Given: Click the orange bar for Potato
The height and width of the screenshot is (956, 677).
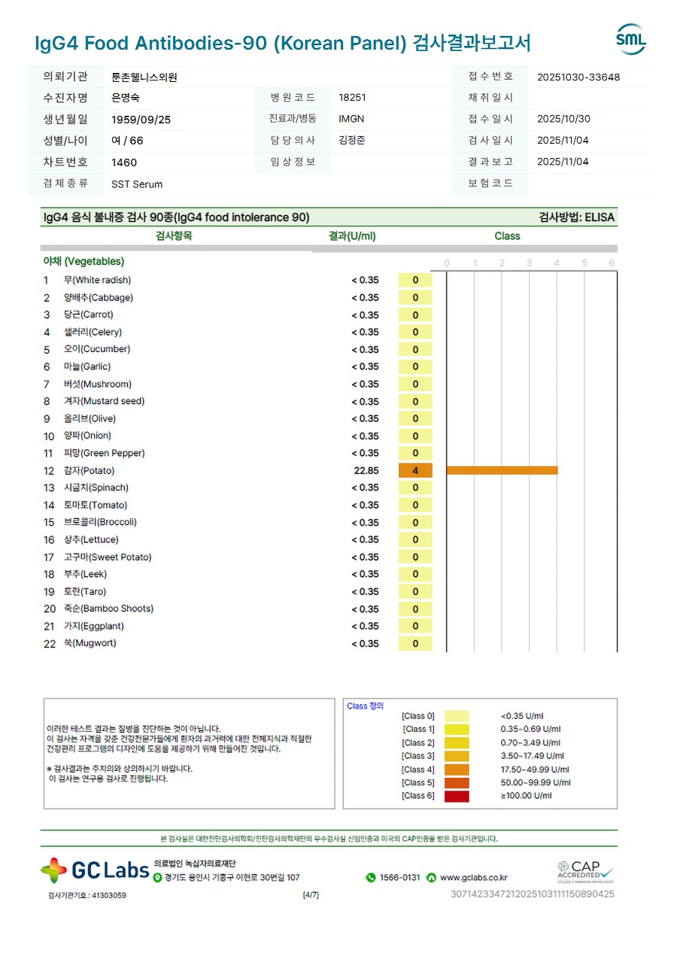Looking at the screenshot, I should [502, 470].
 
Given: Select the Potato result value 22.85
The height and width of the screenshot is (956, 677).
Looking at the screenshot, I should [366, 471].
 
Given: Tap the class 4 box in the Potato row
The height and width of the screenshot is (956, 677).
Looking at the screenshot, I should [415, 471].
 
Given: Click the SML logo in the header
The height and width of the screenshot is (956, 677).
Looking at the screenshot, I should [630, 40].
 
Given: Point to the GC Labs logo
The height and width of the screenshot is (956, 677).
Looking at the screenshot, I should [95, 870].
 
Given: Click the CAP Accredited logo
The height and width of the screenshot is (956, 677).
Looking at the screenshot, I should [585, 872].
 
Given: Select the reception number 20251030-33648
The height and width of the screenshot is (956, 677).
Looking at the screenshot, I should [578, 77].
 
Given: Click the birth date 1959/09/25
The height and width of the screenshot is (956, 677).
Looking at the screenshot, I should [141, 119].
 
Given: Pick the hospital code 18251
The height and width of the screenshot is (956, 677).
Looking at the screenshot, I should [353, 98].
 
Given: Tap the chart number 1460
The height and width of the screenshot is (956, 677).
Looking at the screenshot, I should [124, 162].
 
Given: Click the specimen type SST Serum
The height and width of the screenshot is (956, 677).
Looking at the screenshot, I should [137, 184].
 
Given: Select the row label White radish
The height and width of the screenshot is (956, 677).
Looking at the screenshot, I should [97, 281].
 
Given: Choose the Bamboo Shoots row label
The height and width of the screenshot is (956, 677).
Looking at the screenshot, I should [108, 609].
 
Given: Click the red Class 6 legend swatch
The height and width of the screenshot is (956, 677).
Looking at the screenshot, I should [457, 796].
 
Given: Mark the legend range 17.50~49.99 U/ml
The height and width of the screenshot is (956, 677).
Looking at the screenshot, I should [535, 769].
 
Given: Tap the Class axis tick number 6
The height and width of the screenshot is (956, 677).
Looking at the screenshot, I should [612, 263].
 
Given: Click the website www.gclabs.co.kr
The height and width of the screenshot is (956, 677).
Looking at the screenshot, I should [473, 878].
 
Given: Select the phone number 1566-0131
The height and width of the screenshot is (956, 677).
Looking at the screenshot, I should [399, 878].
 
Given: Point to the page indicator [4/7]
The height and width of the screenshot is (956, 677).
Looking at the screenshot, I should [311, 895].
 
